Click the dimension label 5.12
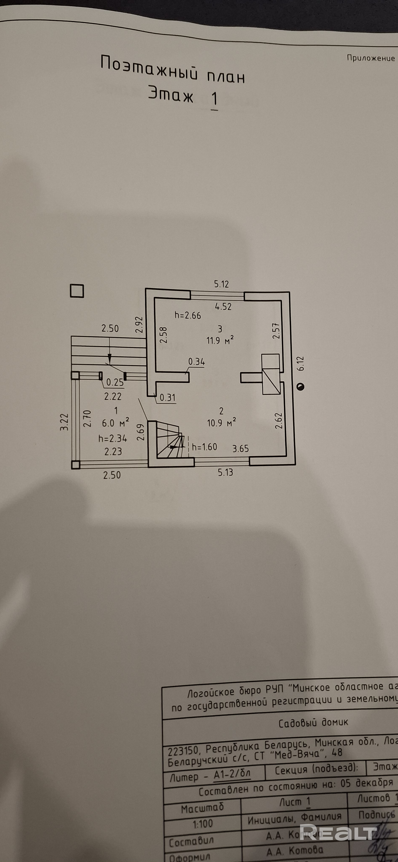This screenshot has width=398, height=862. click(221, 284)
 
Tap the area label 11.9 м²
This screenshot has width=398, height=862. click(220, 341)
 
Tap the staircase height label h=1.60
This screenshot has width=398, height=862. click(204, 447)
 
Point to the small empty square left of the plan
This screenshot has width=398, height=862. click(77, 291)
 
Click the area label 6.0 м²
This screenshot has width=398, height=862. click(115, 423)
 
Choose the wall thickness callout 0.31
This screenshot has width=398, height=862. click(167, 398)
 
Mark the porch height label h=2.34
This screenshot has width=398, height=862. click(113, 438)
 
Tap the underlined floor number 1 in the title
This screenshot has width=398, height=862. click(214, 99)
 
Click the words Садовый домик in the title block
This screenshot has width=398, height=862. click(313, 723)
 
